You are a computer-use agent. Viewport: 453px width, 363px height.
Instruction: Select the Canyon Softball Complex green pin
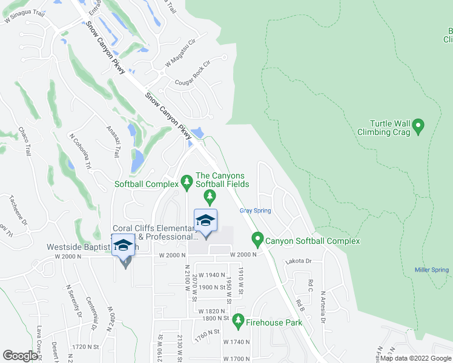coord(257,241)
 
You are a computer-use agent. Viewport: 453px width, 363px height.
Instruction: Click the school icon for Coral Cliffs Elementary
coord(205,220)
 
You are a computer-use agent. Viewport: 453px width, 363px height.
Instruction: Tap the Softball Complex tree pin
coord(187,183)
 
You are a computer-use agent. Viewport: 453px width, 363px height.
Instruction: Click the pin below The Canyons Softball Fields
coord(210,195)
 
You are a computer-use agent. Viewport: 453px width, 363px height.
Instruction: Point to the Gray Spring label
coord(255,211)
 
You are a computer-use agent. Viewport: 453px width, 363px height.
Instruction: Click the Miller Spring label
coord(431,270)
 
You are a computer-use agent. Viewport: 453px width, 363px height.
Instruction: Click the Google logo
coord(20,356)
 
